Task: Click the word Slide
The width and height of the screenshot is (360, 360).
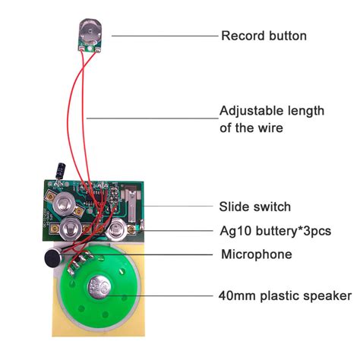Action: click(235, 207)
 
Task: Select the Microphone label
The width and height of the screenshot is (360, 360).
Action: click(257, 254)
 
